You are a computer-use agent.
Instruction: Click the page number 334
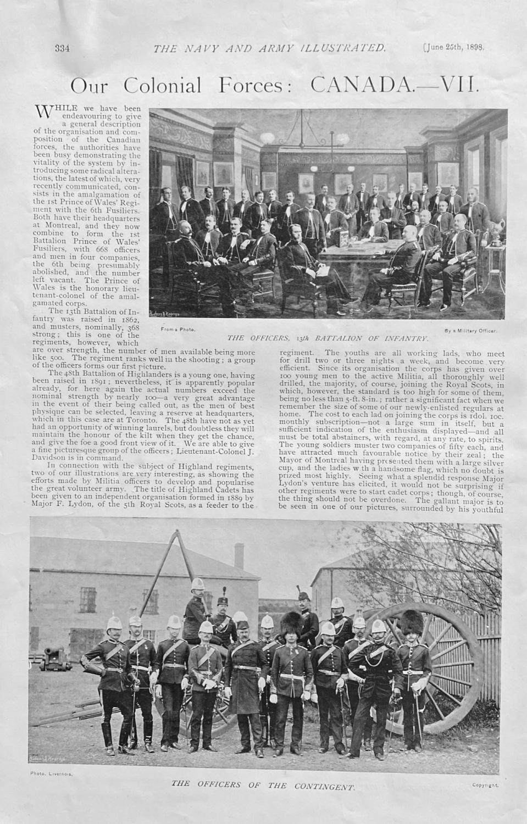pos(60,48)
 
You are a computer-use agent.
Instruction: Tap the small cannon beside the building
pos(54,652)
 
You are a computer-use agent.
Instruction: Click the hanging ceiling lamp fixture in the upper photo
pos(300,146)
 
